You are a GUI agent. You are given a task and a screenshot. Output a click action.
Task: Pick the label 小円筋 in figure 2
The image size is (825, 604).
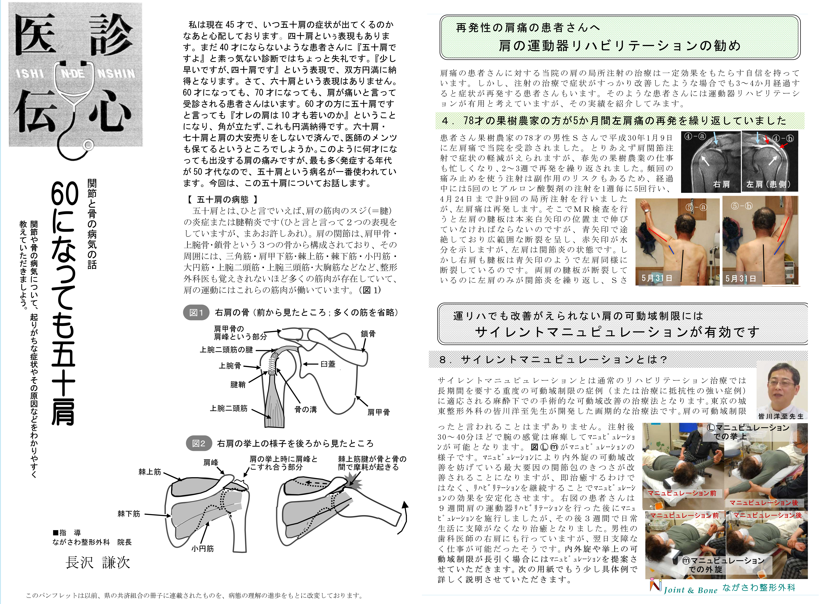202,549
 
